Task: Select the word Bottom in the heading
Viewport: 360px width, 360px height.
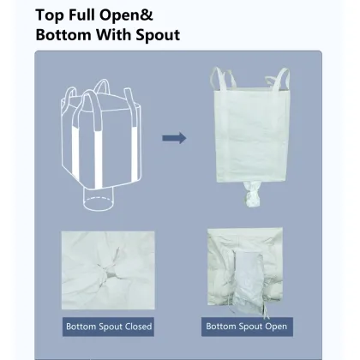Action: [x=68, y=37]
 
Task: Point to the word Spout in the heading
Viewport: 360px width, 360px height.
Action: [x=155, y=37]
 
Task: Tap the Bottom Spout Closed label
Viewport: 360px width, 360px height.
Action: [x=109, y=327]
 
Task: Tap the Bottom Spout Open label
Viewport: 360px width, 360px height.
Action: [x=246, y=327]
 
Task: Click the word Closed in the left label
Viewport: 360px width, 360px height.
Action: [x=135, y=327]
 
